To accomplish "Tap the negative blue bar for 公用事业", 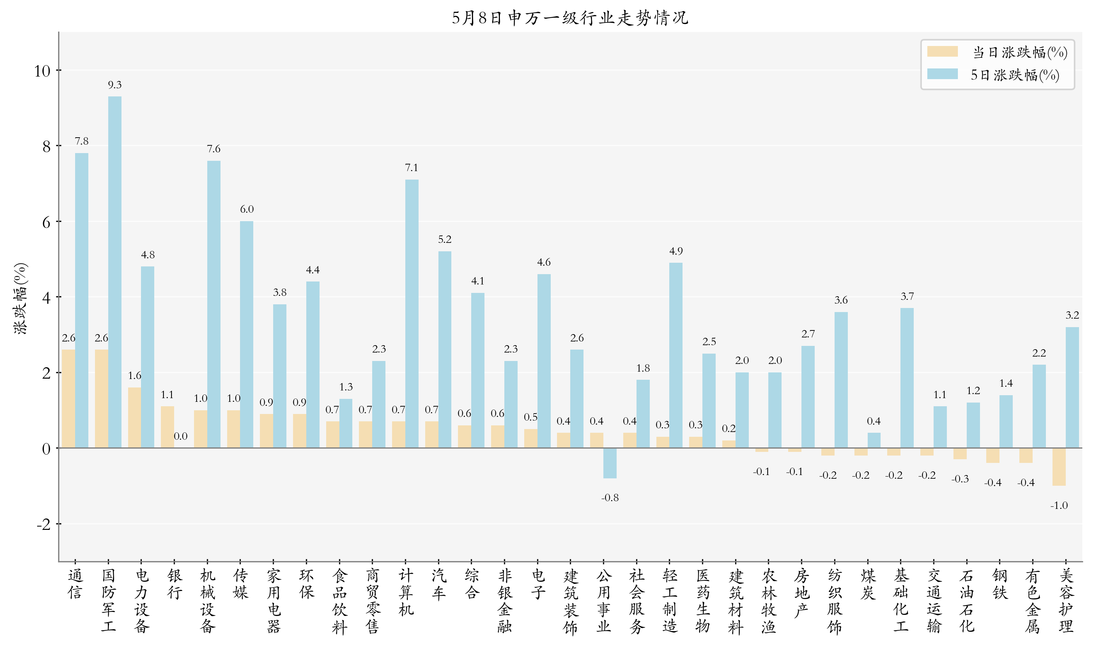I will click(610, 463).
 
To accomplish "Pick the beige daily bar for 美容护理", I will click(1059, 466).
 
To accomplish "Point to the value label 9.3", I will click(115, 85).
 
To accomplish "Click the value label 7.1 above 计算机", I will click(412, 168).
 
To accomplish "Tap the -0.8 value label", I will click(610, 498).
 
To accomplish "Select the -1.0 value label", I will click(1059, 506).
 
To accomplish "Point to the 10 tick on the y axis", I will click(42, 71).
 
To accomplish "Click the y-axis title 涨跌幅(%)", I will click(21, 299).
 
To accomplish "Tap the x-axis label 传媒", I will click(240, 584).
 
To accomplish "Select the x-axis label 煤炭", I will click(868, 584).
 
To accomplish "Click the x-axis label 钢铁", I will click(1000, 584).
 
